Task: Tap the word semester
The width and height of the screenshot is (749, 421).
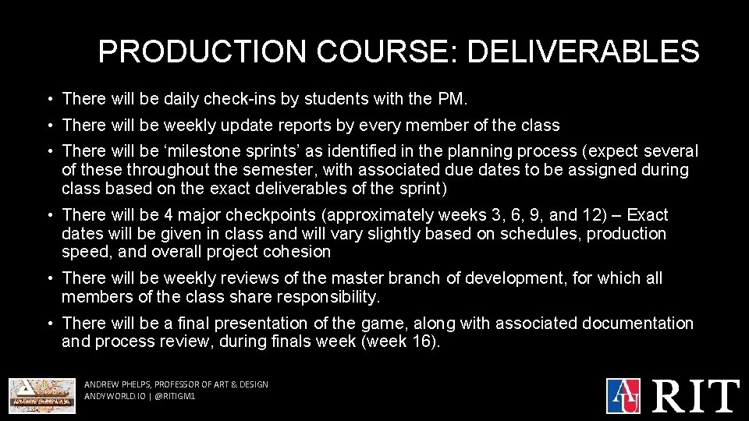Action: [332, 170]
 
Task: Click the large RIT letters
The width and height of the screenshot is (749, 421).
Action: [696, 394]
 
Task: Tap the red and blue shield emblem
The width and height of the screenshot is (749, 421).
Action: [623, 395]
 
